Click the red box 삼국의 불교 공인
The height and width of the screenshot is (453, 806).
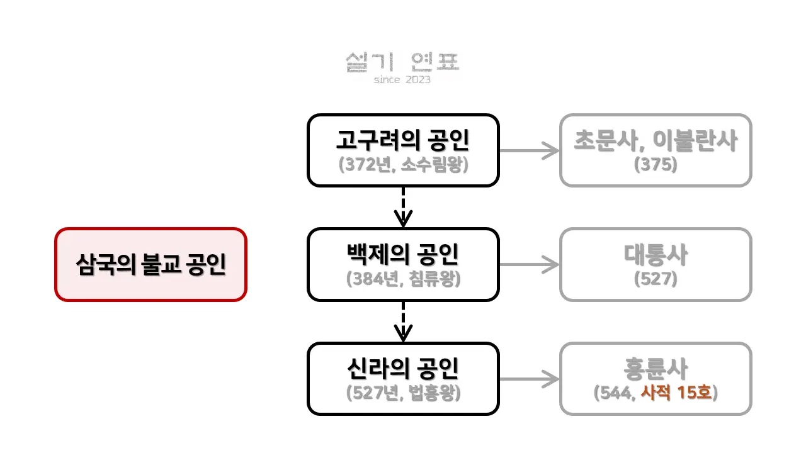(x=150, y=264)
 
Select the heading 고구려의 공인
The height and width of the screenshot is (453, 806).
(x=402, y=141)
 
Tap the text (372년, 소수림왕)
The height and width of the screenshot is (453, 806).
(x=403, y=164)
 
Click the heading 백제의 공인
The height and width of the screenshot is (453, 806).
(x=402, y=255)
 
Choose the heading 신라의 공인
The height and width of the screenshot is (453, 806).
(x=402, y=369)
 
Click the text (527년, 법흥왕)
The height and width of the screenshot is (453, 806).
(x=403, y=393)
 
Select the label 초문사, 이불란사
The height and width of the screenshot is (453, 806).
(x=656, y=141)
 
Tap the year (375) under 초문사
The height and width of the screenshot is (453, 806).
(x=656, y=164)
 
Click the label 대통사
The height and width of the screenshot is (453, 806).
(x=656, y=255)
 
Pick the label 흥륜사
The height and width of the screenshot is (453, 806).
(x=656, y=369)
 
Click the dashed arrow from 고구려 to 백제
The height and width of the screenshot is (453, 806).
(x=403, y=207)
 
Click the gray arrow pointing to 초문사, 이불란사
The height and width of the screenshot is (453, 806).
(x=529, y=150)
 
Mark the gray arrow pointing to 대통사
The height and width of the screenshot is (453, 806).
(x=529, y=264)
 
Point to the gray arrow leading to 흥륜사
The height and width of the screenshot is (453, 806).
(x=529, y=379)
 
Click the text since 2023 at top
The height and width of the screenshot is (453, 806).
(x=402, y=80)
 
